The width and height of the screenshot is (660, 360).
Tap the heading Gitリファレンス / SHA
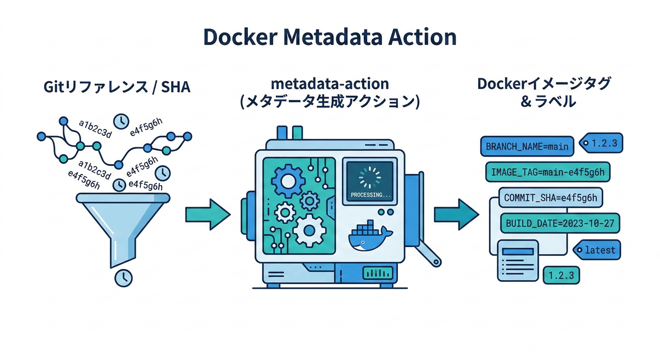point(117,87)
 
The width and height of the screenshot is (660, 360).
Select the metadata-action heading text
point(330,84)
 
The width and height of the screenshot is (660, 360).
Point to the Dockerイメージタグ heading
point(544,84)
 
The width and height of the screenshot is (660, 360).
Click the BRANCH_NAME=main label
point(527,146)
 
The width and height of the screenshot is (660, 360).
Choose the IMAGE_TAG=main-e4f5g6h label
point(547,172)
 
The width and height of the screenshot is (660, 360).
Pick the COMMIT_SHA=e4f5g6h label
point(550,198)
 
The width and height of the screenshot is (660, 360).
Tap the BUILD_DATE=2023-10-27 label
point(560,223)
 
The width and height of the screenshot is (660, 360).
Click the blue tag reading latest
point(598,250)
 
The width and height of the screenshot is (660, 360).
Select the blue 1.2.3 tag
point(602,143)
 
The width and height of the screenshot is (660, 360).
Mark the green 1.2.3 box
point(561,275)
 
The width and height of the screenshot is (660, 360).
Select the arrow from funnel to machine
point(208,214)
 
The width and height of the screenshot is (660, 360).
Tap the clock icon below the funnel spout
point(123,277)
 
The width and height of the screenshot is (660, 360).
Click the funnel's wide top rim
point(123,199)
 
